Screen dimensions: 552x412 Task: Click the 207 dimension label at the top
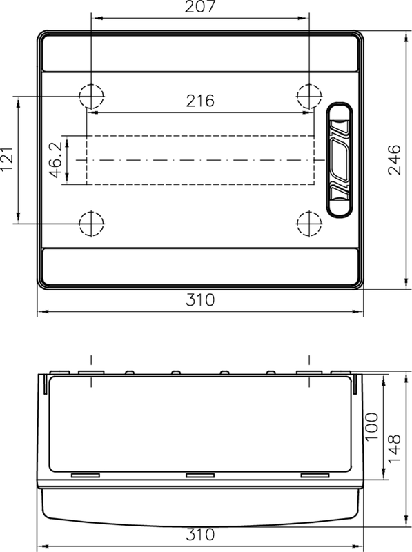coord(200,8)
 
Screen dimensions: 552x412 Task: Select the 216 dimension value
coord(200,101)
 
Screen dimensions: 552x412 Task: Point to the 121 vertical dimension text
coord(8,161)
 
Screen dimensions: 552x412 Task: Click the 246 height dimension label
coord(394,159)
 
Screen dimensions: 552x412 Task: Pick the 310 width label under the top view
coord(200,301)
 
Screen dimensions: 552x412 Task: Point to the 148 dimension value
coord(394,450)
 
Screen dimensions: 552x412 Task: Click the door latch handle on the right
coord(339,159)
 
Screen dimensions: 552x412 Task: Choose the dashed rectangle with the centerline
coord(200,159)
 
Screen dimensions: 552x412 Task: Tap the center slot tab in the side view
coord(200,475)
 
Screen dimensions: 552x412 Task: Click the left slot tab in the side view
coord(86,475)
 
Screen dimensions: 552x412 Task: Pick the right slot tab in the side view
coord(315,475)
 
